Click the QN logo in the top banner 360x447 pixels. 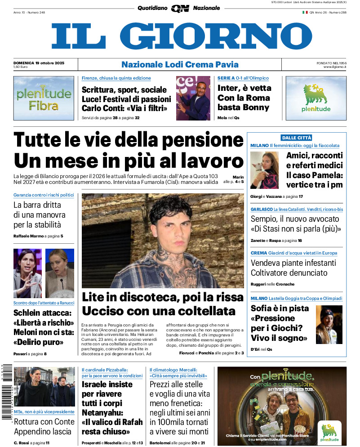tap(180, 8)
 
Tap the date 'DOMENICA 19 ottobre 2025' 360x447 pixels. tap(39, 63)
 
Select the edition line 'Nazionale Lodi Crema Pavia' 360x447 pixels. tap(180, 64)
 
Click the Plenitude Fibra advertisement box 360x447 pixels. tap(44, 98)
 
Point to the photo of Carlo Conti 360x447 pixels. tap(193, 98)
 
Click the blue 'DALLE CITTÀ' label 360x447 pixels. tap(296, 138)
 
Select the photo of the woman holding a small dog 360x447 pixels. tap(264, 170)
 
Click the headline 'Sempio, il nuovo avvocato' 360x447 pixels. tap(295, 219)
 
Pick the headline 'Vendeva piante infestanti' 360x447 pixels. tap(293, 263)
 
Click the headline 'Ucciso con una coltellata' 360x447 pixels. tap(159, 311)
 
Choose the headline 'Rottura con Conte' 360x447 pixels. tap(44, 422)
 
